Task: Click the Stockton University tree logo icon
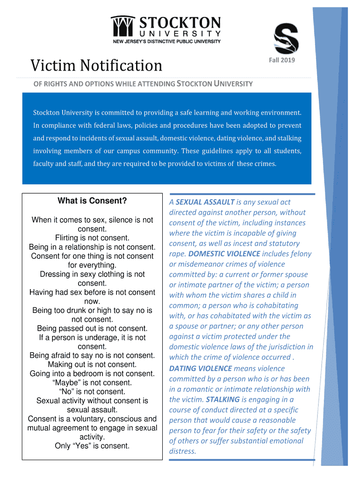coord(123,26)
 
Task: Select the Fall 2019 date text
coord(281,60)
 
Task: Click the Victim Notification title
coord(96,65)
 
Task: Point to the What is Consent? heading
coord(92,201)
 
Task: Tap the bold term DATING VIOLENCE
coord(201,369)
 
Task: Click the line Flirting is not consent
coord(92,238)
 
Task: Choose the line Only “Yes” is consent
coord(92,446)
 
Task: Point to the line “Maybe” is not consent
coord(92,383)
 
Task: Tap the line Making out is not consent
coord(92,364)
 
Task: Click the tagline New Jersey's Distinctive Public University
coord(167,42)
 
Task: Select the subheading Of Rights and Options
coord(143,84)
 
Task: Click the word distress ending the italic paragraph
coord(182,451)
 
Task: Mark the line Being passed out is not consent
coord(92,328)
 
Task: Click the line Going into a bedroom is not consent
coord(92,373)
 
